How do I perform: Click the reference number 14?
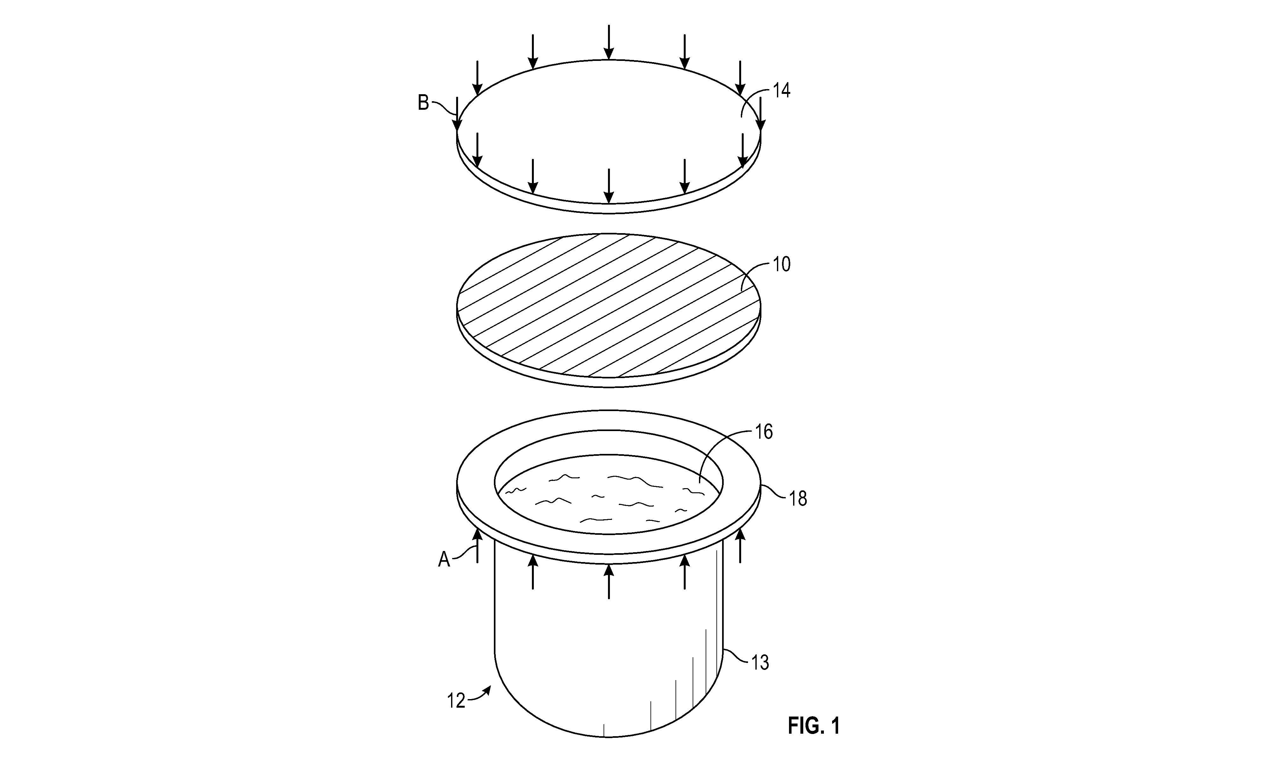click(x=781, y=91)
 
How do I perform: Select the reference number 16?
click(x=764, y=432)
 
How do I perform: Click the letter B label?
click(x=423, y=103)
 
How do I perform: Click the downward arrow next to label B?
click(x=457, y=114)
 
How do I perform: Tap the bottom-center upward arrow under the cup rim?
click(x=609, y=581)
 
